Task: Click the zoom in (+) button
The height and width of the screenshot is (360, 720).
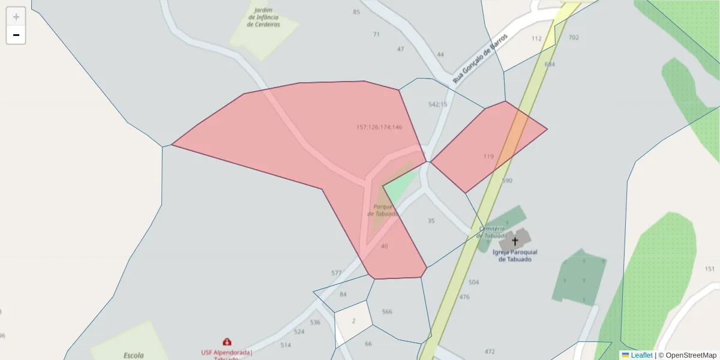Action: (x=16, y=17)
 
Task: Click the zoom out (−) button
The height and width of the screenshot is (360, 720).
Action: (x=16, y=35)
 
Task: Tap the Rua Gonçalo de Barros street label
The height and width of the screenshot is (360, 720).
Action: (x=480, y=58)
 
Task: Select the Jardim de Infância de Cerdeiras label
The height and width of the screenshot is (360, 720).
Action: (x=264, y=17)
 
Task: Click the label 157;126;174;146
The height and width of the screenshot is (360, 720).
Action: (x=379, y=127)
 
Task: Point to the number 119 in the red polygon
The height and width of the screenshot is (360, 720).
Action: (x=488, y=157)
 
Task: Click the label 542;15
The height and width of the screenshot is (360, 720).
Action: (x=437, y=104)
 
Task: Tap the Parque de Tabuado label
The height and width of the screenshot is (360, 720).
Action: (x=382, y=210)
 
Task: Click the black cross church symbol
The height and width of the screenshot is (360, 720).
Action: (x=515, y=241)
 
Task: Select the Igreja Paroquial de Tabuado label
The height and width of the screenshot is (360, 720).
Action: (x=515, y=256)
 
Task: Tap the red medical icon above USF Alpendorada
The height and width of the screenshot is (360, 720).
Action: (x=227, y=342)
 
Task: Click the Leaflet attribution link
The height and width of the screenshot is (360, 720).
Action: (x=641, y=355)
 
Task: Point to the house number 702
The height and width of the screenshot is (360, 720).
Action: (x=574, y=38)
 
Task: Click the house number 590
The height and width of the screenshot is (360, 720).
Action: (x=507, y=181)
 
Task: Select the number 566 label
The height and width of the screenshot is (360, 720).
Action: (x=387, y=311)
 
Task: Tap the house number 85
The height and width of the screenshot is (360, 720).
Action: (x=356, y=12)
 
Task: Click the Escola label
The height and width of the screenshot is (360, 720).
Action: (x=133, y=355)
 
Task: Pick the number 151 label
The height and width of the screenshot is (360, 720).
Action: (x=710, y=269)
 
